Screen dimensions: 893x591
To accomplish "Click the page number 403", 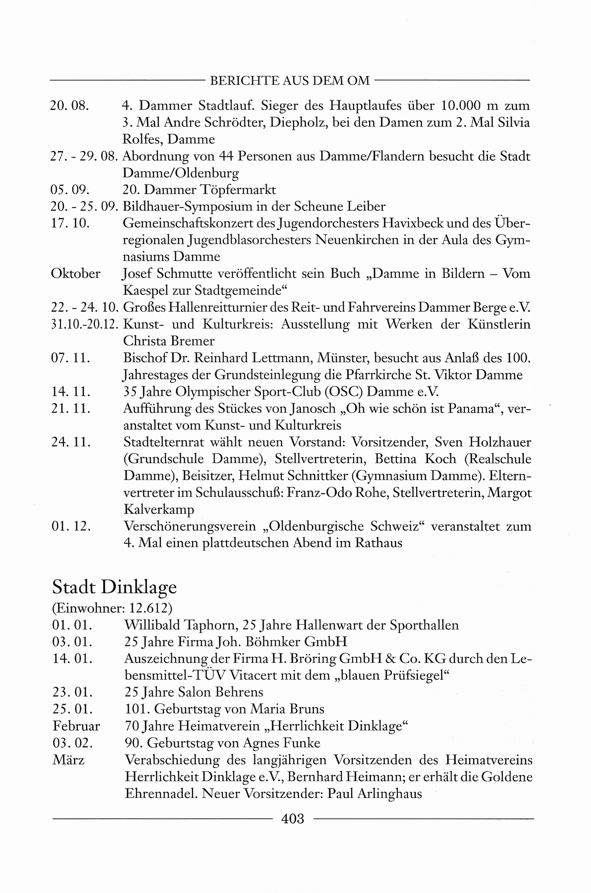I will pos(293,818).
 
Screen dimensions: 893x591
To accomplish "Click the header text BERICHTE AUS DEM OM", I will pos(290,80).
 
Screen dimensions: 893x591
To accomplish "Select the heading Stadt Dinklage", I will pos(114,587).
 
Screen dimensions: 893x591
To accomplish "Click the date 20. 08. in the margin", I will pos(69,106).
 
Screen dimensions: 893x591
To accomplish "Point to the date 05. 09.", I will pos(70,189).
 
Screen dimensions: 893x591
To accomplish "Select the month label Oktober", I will pos(76,274).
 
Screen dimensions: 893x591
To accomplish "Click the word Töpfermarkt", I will pos(238,189).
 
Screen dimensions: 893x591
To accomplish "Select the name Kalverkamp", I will pos(159,509).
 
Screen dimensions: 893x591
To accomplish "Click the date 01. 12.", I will pos(71,526).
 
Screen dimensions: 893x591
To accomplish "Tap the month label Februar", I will pos(76,726).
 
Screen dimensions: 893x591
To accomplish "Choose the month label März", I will pos(69,760).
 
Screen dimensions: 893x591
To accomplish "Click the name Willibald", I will pos(152,625).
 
